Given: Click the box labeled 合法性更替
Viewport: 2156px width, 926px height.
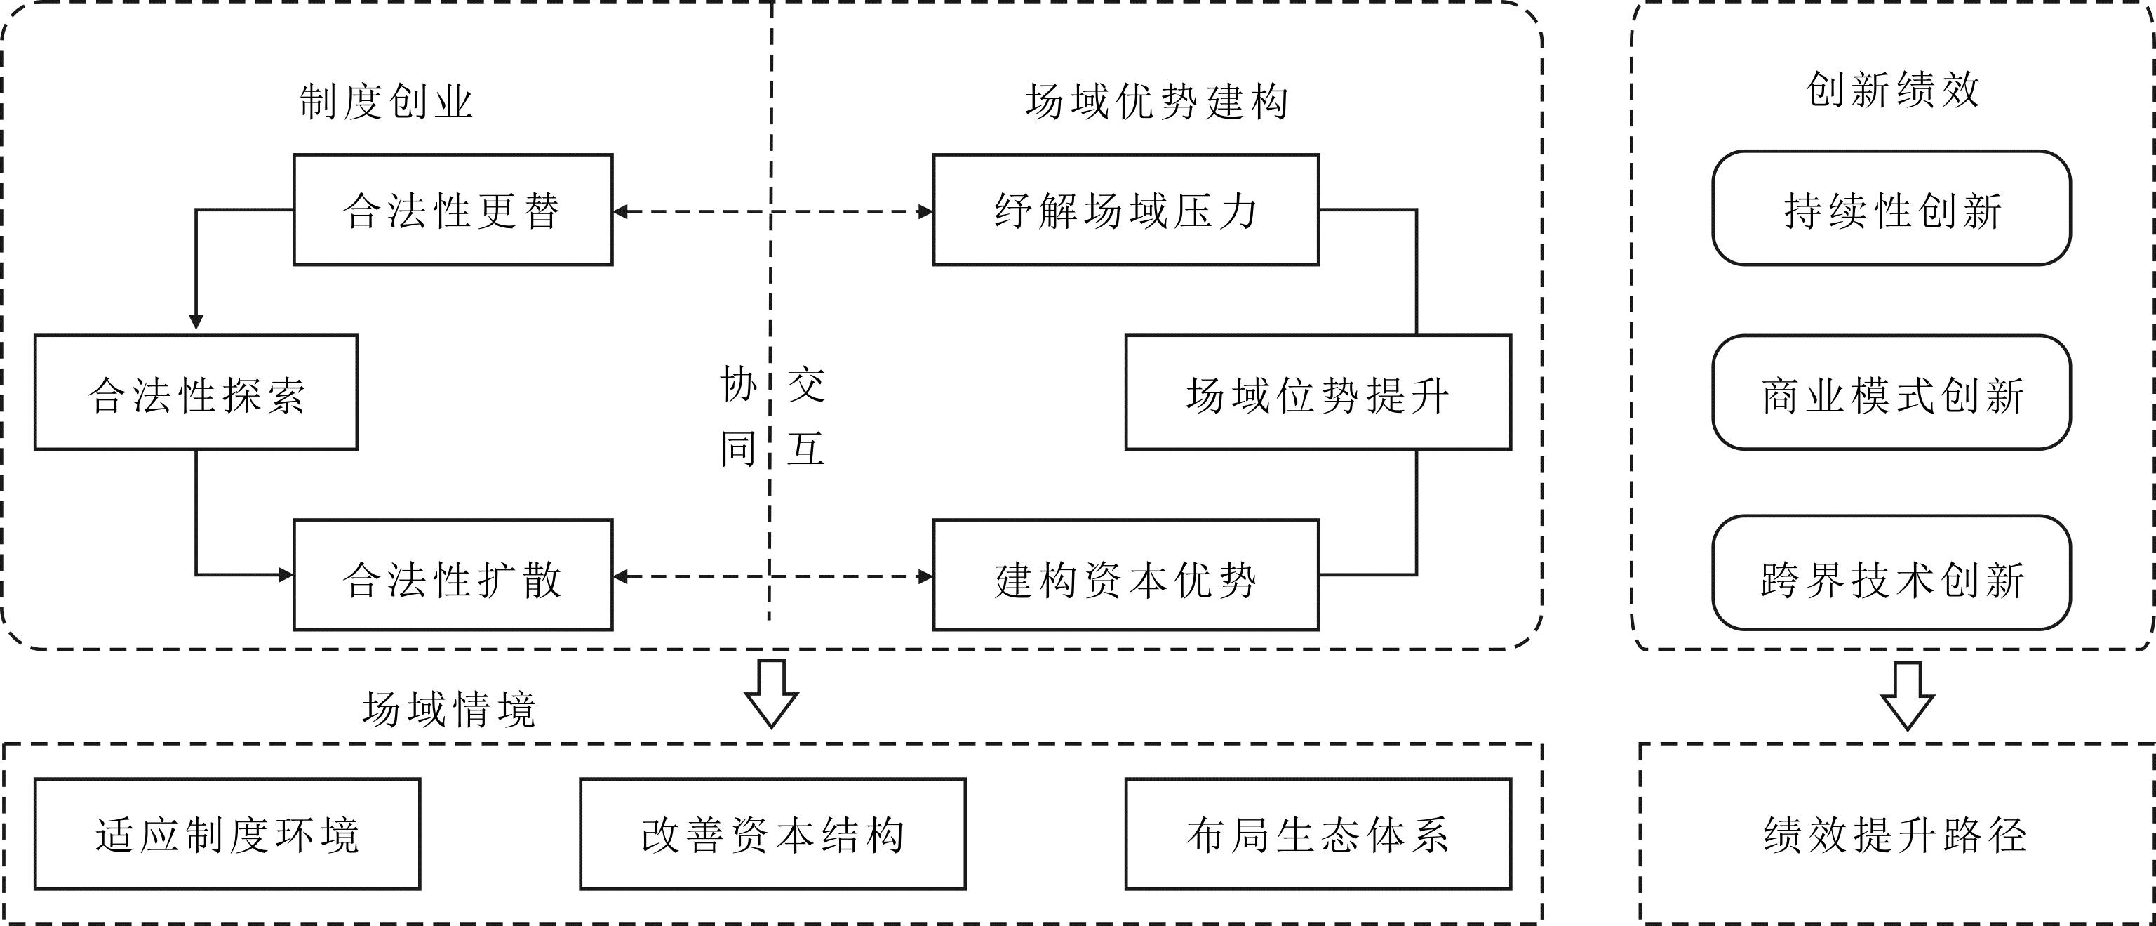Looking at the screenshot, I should pos(452,210).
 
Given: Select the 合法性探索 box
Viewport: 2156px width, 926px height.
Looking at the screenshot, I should pos(196,392).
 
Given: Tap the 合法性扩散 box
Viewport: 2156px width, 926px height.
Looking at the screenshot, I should pos(452,575).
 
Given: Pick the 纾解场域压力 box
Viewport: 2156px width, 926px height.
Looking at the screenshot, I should pos(1125,210).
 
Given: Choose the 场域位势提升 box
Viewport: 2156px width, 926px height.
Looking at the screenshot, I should pos(1318,392).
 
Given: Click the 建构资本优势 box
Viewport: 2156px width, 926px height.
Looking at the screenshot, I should pos(1125,575).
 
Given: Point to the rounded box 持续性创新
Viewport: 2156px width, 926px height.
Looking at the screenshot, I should pos(1891,209).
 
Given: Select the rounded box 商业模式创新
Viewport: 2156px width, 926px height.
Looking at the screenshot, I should pos(1891,392).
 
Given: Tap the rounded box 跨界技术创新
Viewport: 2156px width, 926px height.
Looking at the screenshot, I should pos(1891,574).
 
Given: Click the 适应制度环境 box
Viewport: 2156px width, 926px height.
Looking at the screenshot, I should pos(227,835).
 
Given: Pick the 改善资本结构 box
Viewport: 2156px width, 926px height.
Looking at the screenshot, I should pos(772,835).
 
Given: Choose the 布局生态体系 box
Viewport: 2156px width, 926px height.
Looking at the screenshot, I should pos(1318,835).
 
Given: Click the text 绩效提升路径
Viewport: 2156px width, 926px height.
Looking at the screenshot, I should pos(1895,835).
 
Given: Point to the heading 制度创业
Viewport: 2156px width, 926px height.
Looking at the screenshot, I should pos(387,102).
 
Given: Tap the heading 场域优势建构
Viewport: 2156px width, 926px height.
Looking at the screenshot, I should pos(1157,102).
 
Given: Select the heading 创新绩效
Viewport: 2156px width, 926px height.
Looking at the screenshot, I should pos(1892,90).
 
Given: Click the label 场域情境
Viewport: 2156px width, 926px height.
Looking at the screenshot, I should pos(448,710).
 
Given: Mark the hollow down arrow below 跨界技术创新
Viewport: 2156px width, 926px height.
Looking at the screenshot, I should pos(1908,696).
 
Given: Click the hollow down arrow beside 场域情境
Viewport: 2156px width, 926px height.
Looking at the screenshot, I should pos(771,693).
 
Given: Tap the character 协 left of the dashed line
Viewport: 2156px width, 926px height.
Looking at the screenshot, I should pos(738,384).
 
